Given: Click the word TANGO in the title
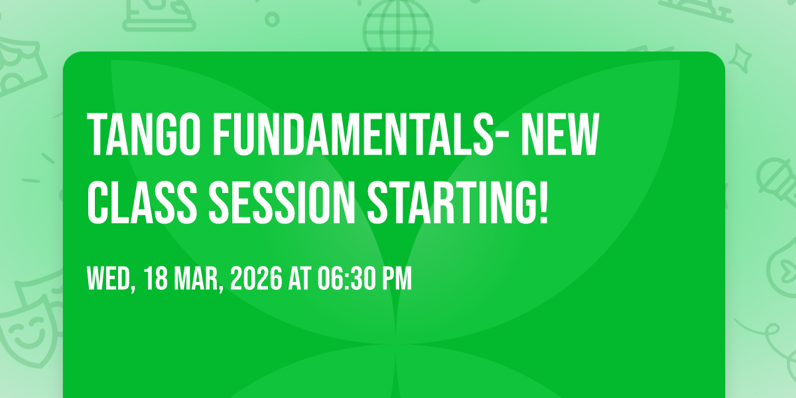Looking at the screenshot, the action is [144, 134].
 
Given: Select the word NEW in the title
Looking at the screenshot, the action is [561, 134].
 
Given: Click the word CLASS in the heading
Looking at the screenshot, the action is [142, 202].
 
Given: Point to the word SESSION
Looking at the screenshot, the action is [282, 202].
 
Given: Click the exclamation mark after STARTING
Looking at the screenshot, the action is [543, 202].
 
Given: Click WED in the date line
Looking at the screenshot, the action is [108, 279].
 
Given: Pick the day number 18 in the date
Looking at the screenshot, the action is [156, 279].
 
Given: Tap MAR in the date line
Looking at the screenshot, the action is [196, 279].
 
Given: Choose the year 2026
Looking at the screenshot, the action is [256, 279].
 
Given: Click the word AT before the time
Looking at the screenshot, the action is [300, 279].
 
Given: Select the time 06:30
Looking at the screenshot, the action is [347, 279].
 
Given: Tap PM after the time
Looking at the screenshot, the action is [397, 279].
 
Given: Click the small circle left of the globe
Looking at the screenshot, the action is [272, 19].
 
